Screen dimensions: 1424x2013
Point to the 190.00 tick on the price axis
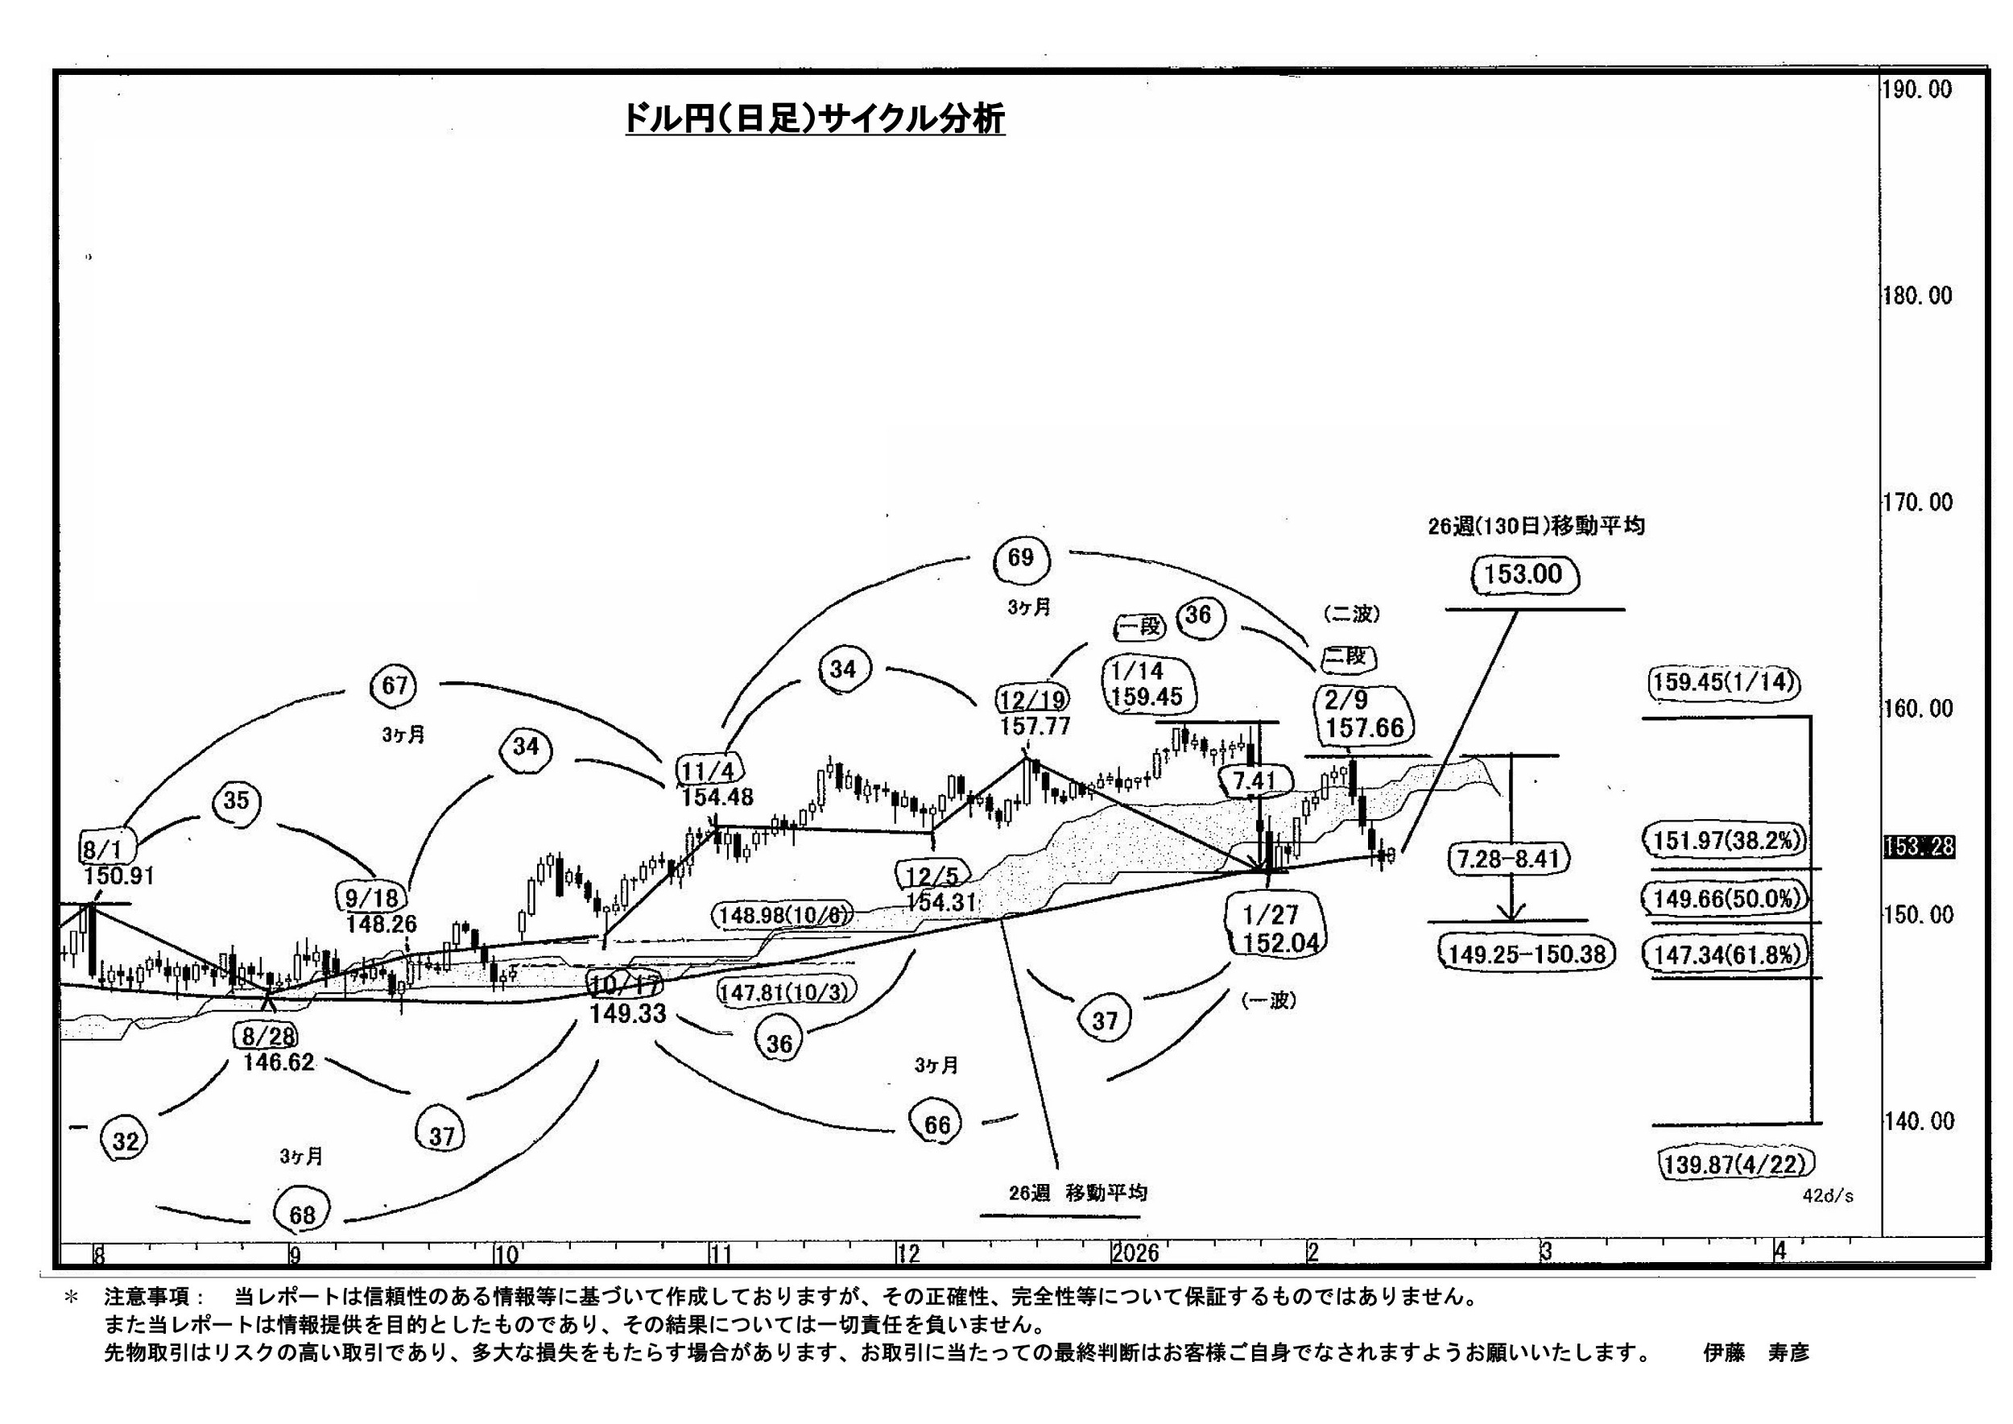click(1917, 89)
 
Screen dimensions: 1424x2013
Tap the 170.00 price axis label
click(1917, 503)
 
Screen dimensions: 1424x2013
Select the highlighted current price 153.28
click(1919, 847)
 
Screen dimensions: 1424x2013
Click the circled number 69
click(1020, 557)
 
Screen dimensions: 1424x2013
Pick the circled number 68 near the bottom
click(302, 1215)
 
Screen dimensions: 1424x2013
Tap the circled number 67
click(395, 685)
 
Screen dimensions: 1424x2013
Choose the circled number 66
click(936, 1125)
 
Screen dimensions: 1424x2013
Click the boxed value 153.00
click(1523, 575)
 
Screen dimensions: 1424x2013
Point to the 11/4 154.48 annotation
click(713, 783)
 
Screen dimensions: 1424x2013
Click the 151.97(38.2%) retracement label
click(1724, 841)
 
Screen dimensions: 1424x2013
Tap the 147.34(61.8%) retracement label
click(1724, 954)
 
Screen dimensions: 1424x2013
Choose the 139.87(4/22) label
click(1734, 1165)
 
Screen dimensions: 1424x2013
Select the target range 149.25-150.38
click(1527, 954)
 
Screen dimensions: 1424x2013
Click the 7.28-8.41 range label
click(1508, 859)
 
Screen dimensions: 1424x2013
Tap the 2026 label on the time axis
click(1135, 1253)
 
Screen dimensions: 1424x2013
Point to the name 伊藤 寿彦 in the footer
click(1756, 1353)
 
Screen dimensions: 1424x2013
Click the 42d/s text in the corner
click(1828, 1196)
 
